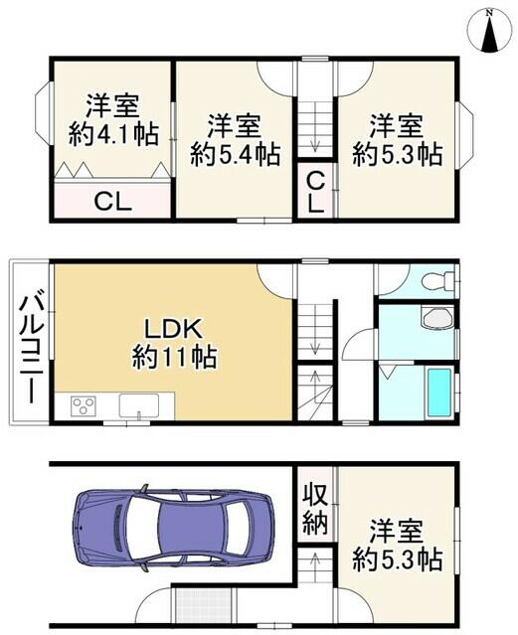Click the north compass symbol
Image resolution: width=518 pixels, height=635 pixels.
(489, 31)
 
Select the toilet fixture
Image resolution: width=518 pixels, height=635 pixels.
(437, 279)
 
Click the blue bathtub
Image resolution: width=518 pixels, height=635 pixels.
(437, 394)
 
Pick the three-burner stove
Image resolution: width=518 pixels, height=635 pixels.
(84, 405)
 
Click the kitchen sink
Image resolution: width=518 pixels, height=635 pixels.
(139, 405)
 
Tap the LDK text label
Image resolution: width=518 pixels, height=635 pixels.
(174, 329)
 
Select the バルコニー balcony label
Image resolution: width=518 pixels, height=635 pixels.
(31, 350)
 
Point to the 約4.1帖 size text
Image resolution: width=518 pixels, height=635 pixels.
(113, 135)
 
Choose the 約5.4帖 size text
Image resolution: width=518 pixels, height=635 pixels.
(236, 154)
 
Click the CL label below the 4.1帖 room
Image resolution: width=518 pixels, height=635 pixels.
(113, 202)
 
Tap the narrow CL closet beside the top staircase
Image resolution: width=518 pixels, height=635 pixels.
(315, 191)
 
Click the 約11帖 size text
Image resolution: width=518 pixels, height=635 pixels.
(174, 357)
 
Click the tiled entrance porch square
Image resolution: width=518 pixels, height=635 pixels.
(205, 606)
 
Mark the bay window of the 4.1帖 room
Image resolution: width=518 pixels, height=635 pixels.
(43, 111)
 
